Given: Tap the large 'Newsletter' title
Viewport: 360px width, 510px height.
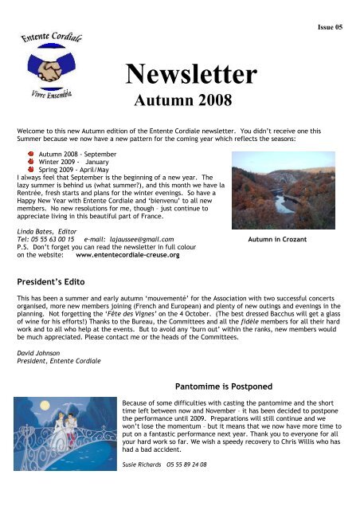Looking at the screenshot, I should point(190,75).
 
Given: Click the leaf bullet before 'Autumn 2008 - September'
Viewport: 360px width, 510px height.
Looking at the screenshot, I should point(31,151).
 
